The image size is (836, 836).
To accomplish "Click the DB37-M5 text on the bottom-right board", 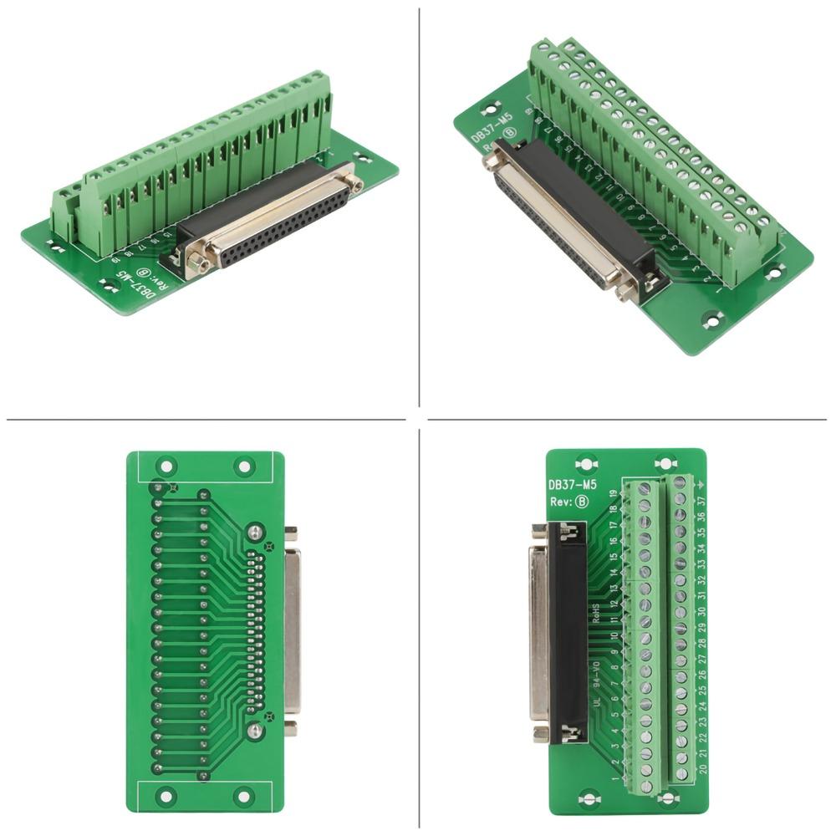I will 572,484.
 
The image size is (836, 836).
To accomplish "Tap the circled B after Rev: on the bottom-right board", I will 583,502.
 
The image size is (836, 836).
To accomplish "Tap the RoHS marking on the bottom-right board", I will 596,614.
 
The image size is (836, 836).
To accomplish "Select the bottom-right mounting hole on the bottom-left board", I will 242,796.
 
